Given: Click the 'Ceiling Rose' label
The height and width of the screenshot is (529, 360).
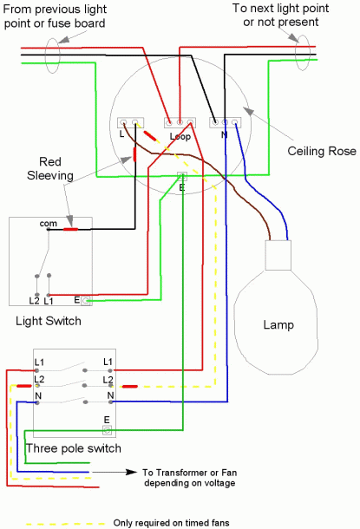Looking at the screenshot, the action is (x=322, y=151).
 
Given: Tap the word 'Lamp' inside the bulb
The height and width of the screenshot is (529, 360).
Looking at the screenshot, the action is (x=278, y=325).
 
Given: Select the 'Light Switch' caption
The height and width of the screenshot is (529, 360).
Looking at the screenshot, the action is (x=49, y=321).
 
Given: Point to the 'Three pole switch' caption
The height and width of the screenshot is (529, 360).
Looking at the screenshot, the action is (x=73, y=448).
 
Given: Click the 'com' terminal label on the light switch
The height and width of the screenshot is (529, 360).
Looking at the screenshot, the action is (x=49, y=224).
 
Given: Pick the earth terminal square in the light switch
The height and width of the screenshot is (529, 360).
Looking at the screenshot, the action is (x=86, y=301).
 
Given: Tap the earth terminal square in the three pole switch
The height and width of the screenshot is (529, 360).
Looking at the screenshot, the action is (x=107, y=430).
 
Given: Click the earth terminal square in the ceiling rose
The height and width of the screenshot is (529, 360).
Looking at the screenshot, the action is (x=182, y=176).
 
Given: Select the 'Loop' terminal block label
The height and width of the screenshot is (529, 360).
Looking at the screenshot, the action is (x=180, y=136).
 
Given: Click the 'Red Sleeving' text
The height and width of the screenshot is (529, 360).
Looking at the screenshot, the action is (x=50, y=168).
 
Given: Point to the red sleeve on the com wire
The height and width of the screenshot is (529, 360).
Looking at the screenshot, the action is (x=71, y=230).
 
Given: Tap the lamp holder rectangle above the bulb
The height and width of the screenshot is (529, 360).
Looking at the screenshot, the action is (x=278, y=255).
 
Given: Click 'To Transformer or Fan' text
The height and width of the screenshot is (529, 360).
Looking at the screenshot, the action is (x=189, y=473).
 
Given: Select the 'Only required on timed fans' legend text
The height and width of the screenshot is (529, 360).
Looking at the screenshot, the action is (x=172, y=523).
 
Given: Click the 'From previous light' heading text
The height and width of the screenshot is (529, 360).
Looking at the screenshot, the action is (x=55, y=10).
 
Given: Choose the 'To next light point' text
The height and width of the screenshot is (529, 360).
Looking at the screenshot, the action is (x=281, y=8).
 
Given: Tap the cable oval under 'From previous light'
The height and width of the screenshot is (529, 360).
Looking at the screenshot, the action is (x=52, y=56).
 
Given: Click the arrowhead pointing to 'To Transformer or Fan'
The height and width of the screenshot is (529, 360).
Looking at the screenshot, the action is (x=131, y=472).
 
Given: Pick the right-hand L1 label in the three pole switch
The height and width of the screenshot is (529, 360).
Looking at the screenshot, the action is (x=108, y=362).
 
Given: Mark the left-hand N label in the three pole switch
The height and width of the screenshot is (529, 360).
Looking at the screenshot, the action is (x=38, y=395).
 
